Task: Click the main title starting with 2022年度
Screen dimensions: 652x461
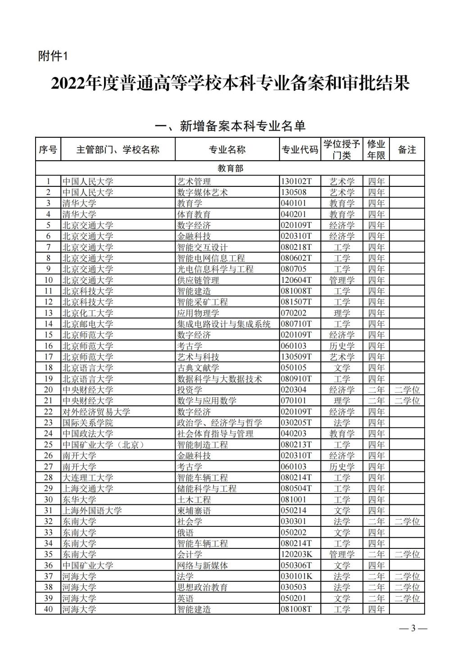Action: click(230, 83)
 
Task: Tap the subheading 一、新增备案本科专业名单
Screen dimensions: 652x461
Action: click(230, 126)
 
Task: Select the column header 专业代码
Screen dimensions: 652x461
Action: click(299, 150)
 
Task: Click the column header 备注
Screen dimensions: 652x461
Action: click(407, 150)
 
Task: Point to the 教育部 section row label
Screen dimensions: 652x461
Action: click(230, 168)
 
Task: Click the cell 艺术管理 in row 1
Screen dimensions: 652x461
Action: click(194, 181)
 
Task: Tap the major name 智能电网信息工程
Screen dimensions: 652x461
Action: click(211, 258)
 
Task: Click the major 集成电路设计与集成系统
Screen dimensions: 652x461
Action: click(224, 324)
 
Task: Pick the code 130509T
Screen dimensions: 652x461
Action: click(296, 357)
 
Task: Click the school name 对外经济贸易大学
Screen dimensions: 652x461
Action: click(96, 412)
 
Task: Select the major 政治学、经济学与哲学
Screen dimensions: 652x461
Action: click(219, 422)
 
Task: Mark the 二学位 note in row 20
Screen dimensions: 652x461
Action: click(407, 389)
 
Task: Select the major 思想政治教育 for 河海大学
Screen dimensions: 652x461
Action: click(202, 587)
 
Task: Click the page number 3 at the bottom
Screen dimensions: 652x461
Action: click(413, 629)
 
